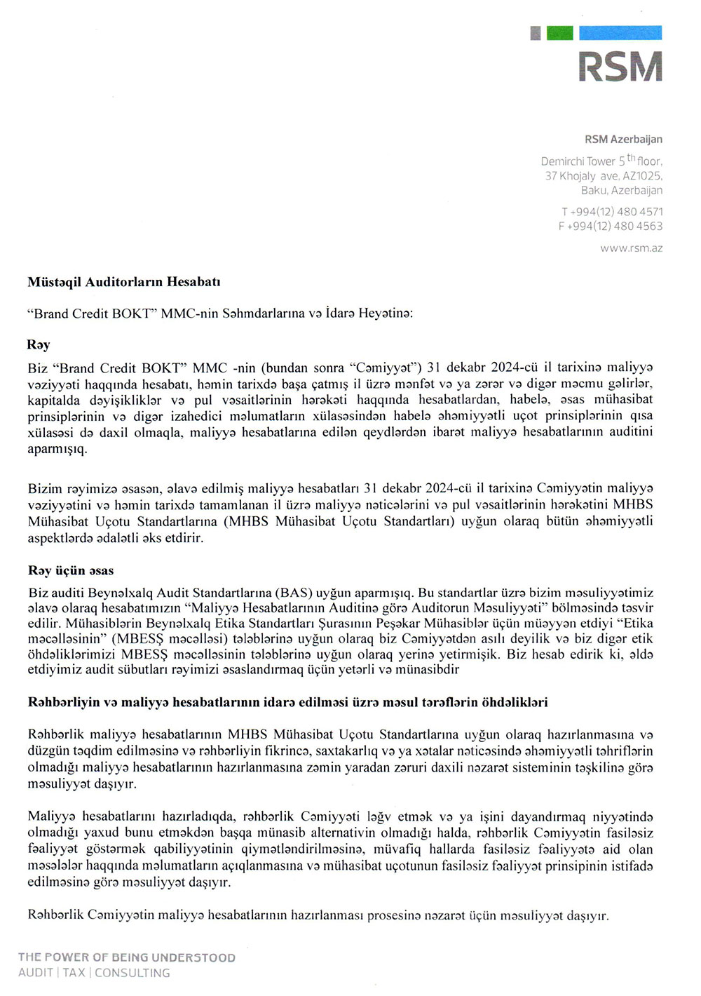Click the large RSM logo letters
pos(620,67)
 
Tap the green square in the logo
pos(559,33)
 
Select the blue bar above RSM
pos(620,33)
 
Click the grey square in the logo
pos(536,33)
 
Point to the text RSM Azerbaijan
pos(623,140)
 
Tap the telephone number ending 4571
pos(612,212)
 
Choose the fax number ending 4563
pos(611,227)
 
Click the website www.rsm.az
pos(631,248)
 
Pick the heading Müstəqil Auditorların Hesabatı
pos(124,282)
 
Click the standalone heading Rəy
pos(39,345)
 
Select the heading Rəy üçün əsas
pos(71,571)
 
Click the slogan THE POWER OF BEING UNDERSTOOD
pos(127,957)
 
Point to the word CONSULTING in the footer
pos(132,973)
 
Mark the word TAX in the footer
pos(74,973)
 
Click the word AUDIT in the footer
pos(36,973)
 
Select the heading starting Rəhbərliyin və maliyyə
pos(287,702)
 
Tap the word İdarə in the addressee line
pos(340,314)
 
